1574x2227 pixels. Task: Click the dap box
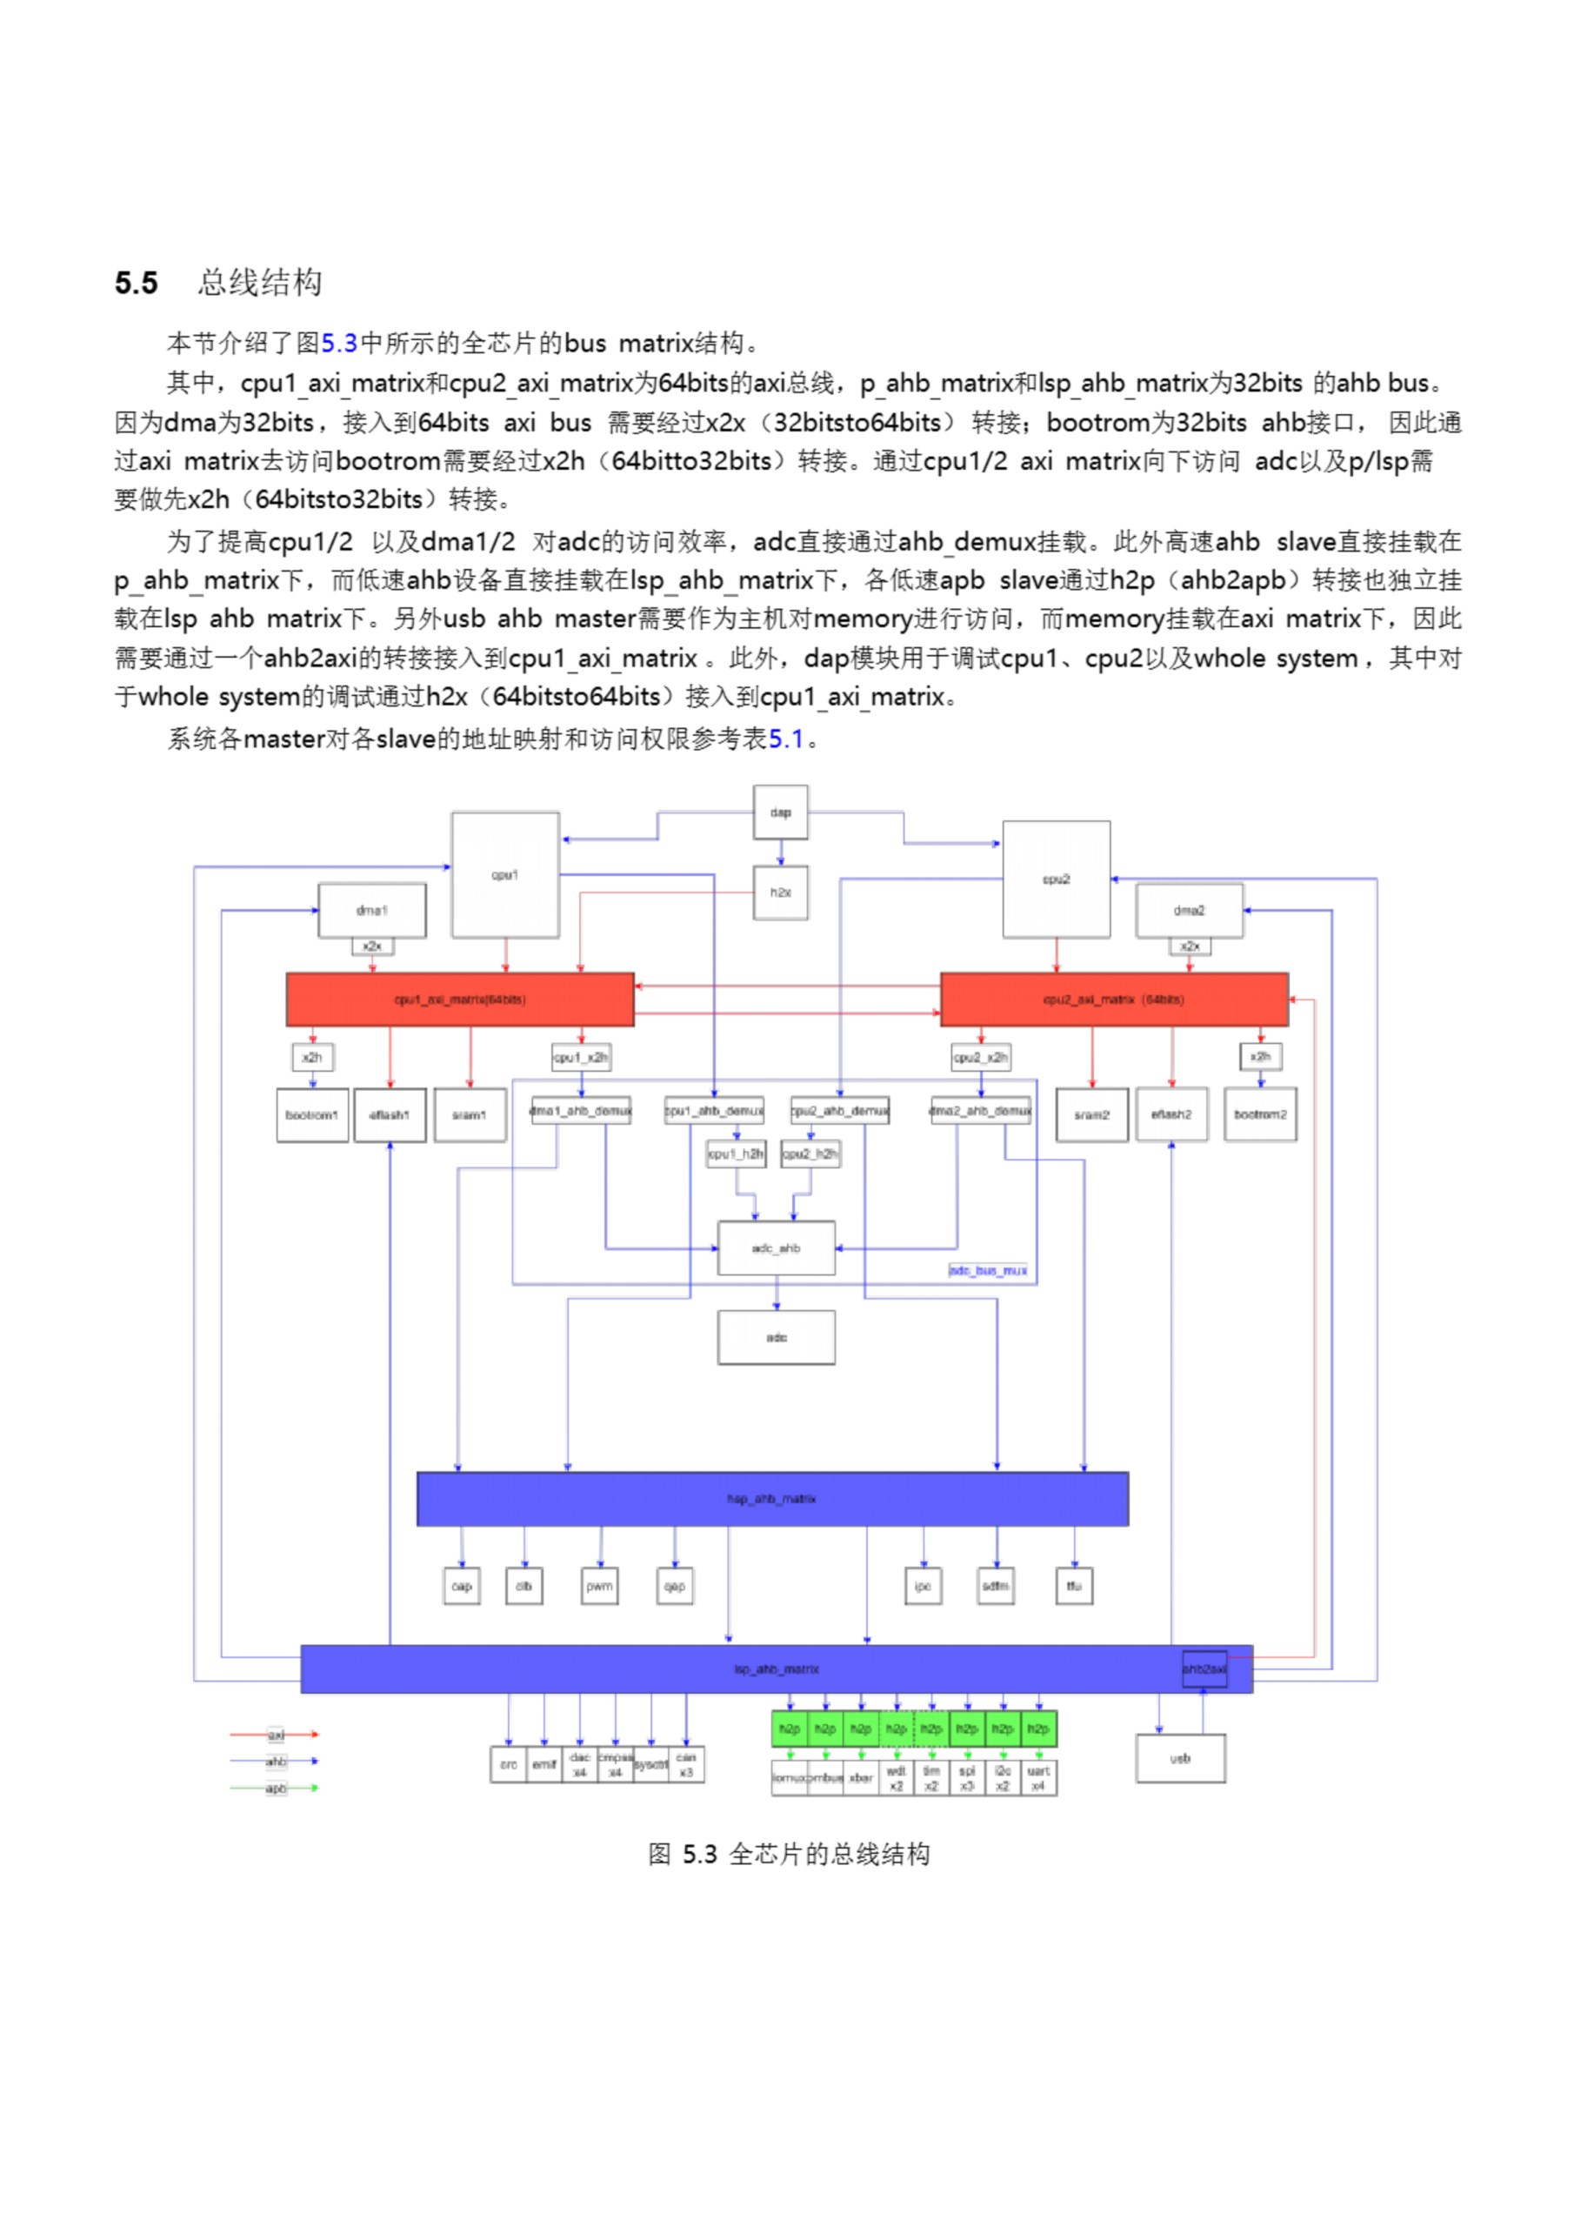pos(780,812)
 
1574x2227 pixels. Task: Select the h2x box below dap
pos(780,893)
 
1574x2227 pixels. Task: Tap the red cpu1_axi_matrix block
pos(460,999)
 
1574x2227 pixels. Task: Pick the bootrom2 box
pos(1260,1114)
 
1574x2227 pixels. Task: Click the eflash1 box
pos(390,1115)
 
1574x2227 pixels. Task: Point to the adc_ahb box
pos(776,1248)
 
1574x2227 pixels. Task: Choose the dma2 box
pos(1189,911)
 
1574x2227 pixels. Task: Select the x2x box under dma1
pos(372,946)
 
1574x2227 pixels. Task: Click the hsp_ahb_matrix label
pos(772,1499)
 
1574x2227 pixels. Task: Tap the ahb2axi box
pos(1204,1669)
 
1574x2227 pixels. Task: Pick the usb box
pos(1180,1757)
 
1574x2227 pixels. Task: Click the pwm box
pos(599,1586)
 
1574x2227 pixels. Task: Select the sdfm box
pos(995,1586)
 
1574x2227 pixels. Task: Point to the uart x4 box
pos(1038,1778)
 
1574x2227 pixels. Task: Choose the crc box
pos(508,1764)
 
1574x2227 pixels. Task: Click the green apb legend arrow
pos(275,1788)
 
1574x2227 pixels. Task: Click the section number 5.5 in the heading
pos(136,284)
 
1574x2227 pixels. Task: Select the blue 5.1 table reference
pos(786,739)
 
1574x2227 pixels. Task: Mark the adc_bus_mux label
pos(987,1270)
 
